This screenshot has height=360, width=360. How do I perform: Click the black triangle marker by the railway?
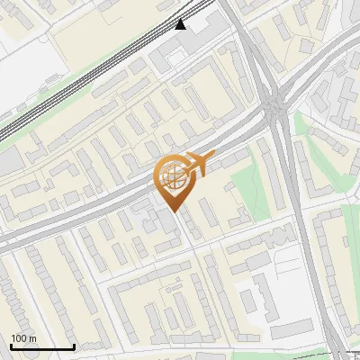pyautogui.click(x=182, y=24)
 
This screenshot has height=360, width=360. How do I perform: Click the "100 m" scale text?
pyautogui.click(x=24, y=338)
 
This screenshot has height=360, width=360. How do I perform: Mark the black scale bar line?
pyautogui.click(x=41, y=346)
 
